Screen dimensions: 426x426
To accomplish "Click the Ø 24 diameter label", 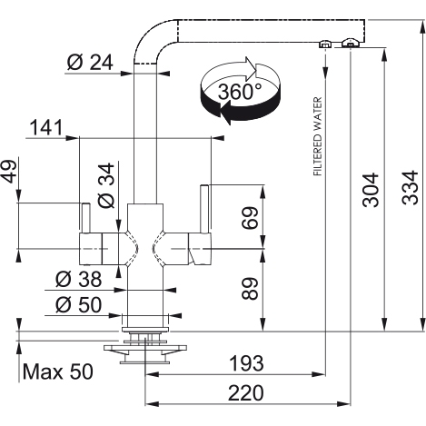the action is (90, 63).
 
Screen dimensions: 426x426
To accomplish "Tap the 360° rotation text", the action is (240, 92).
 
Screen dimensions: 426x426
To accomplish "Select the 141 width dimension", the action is (46, 127).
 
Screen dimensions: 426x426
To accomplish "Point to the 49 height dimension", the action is (10, 171).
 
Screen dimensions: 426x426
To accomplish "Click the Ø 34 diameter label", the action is (106, 185).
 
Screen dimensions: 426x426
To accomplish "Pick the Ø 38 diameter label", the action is (78, 279).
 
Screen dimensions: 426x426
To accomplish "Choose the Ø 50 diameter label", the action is (78, 304).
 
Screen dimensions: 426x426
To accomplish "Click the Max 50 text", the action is (57, 372).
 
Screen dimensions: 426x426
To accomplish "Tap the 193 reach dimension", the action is (246, 363).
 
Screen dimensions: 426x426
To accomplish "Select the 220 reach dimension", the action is (246, 392).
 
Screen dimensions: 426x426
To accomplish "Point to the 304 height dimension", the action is (371, 190).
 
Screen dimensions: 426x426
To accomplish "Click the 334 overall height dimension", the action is (410, 188).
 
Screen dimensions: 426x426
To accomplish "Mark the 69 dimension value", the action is (250, 218).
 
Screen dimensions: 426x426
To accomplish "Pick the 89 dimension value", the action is (250, 289).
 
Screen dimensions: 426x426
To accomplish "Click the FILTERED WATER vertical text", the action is (317, 136).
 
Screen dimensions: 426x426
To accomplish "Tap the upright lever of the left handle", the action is (85, 218).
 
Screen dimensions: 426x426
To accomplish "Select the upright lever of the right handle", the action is (204, 209).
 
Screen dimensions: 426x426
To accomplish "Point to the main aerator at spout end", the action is (351, 43).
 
